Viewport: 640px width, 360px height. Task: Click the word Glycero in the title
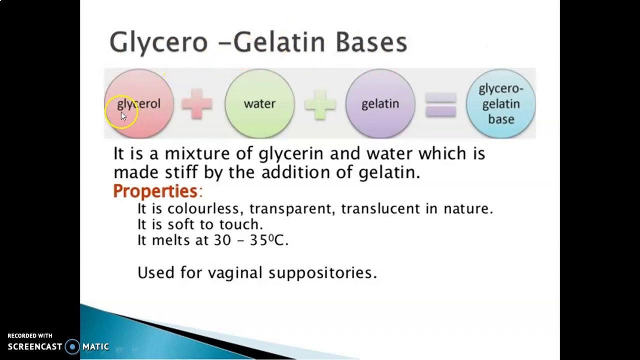(x=158, y=42)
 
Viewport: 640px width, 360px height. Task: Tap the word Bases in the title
(x=371, y=42)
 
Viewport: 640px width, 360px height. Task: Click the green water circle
(x=259, y=103)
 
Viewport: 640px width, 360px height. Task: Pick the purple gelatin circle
(x=380, y=103)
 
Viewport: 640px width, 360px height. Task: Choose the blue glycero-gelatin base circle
(x=500, y=103)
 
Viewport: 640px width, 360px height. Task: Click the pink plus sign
(x=196, y=104)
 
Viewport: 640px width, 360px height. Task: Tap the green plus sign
(x=320, y=104)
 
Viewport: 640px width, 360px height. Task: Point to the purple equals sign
(x=440, y=104)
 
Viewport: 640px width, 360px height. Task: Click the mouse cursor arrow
(x=123, y=116)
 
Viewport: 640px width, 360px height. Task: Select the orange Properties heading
(x=155, y=191)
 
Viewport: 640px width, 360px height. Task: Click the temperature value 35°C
(x=268, y=240)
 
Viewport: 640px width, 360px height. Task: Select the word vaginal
(x=234, y=272)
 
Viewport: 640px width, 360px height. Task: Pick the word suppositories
(x=322, y=272)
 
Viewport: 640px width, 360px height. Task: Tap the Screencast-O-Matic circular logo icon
(x=72, y=346)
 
